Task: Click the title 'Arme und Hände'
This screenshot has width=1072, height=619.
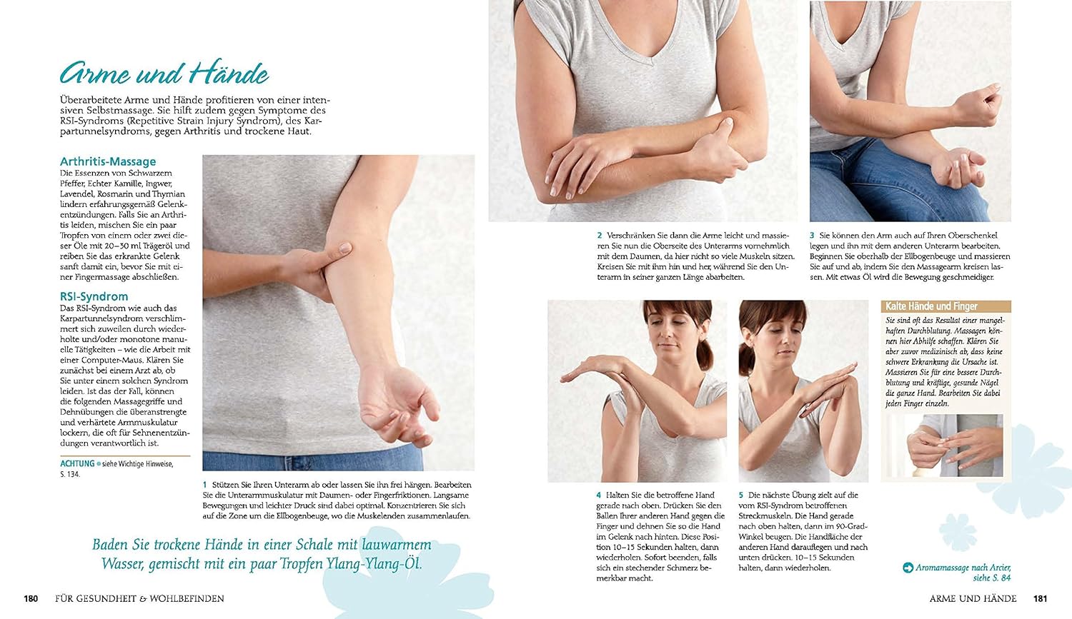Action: coord(164,73)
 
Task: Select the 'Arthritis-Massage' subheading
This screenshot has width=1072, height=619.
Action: coord(108,161)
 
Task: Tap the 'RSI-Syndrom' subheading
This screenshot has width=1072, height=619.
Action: coord(94,296)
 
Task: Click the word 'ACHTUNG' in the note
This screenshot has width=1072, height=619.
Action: coord(77,463)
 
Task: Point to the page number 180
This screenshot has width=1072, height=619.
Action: coord(31,598)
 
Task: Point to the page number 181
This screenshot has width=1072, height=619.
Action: coord(1041,598)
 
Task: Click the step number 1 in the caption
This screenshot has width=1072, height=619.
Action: coord(205,485)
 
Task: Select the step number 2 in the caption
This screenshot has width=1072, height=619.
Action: coord(600,235)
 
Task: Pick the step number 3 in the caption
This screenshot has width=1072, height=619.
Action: coord(812,235)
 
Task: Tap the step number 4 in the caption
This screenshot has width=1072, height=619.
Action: coord(599,495)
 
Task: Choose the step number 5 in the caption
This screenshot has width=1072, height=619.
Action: coord(741,495)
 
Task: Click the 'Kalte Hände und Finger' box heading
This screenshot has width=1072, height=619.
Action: coord(931,306)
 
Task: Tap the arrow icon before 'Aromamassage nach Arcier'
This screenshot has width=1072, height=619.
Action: coord(908,568)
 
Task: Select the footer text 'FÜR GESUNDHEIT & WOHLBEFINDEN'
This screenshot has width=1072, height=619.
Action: coord(139,598)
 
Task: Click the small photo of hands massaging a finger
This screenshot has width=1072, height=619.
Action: coord(946,446)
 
